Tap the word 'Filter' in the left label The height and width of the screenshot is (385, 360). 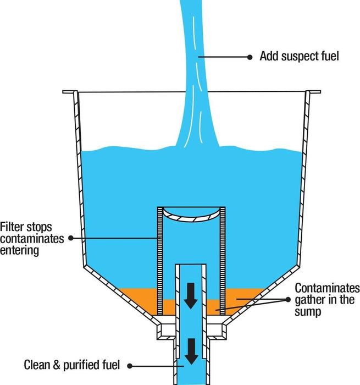pyautogui.click(x=13, y=227)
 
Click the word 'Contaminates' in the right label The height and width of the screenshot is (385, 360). pyautogui.click(x=327, y=288)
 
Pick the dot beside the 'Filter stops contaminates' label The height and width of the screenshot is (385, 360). pyautogui.click(x=70, y=238)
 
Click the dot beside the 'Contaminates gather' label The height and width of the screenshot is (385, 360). pyautogui.click(x=288, y=299)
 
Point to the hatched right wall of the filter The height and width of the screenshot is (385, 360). pyautogui.click(x=221, y=248)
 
